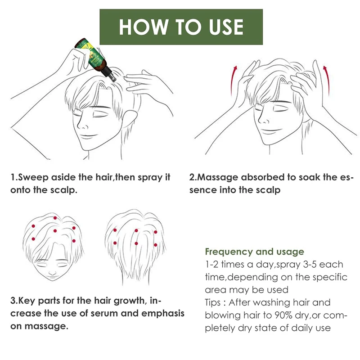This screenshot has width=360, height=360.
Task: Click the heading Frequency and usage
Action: pos(254,252)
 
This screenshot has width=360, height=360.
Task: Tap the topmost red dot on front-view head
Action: pos(55,218)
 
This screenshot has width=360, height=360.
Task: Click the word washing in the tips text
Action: pos(268,302)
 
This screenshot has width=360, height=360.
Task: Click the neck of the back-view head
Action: pos(135,277)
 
